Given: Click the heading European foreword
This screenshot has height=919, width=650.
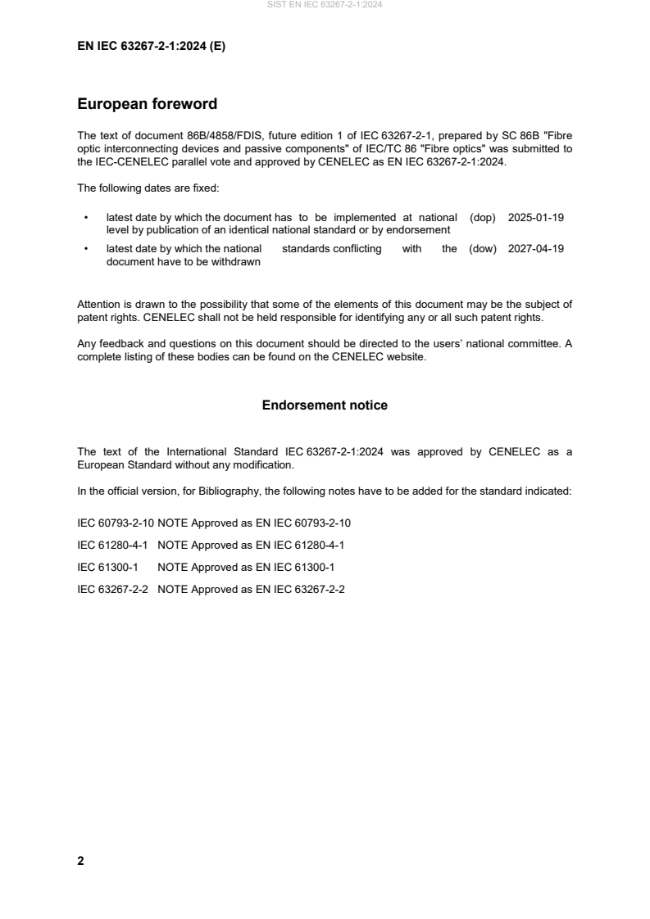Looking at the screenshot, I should click(147, 104).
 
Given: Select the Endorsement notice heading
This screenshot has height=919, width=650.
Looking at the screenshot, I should click(325, 405).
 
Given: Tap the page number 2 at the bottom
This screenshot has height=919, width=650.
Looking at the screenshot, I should click(80, 861).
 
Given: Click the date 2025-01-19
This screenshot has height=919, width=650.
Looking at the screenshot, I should click(536, 218).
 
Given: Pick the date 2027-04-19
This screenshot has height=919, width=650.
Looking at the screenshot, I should click(536, 249).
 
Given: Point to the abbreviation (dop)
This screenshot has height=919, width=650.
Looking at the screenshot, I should click(484, 218).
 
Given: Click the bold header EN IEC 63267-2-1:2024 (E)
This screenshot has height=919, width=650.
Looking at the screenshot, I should click(151, 47).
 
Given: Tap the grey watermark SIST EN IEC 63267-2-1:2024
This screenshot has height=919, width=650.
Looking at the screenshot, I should click(325, 5).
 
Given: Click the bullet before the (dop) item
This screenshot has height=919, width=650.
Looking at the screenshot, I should click(86, 218).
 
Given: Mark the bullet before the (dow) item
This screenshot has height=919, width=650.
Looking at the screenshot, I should click(86, 249).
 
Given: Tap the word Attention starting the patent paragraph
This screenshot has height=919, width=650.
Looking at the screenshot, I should click(98, 305).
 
